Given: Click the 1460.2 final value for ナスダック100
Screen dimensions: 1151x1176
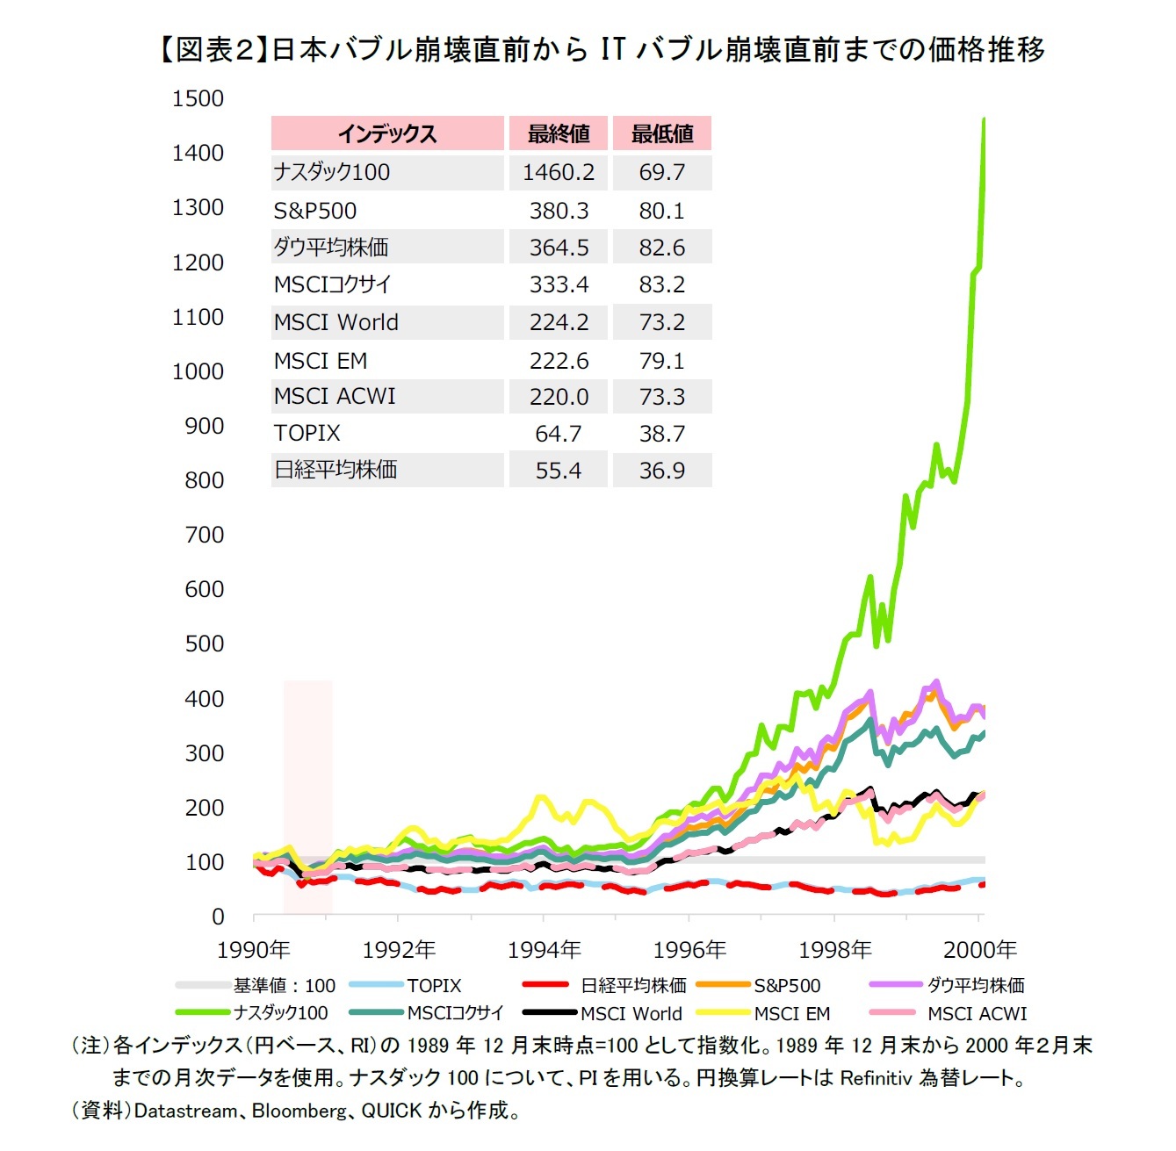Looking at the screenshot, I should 558,172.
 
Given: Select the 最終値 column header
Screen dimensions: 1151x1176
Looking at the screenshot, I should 558,133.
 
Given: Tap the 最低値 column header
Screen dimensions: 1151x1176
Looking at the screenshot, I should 661,133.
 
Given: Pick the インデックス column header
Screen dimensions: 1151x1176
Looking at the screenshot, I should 387,133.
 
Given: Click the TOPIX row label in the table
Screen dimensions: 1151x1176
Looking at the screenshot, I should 307,434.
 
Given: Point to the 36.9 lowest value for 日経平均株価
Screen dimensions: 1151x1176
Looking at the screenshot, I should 661,471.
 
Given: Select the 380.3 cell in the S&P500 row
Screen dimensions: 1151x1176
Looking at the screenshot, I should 558,211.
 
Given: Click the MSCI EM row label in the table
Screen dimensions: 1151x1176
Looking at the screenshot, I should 320,361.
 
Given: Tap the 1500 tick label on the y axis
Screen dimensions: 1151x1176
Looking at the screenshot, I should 198,98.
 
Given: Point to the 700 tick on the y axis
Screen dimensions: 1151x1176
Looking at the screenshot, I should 204,535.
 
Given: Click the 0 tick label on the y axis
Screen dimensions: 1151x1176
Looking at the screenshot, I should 218,917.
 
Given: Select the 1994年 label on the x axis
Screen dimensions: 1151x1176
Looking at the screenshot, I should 544,950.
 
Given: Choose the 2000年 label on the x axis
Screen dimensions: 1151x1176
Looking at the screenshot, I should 979,950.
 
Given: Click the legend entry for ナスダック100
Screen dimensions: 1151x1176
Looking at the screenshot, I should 280,1013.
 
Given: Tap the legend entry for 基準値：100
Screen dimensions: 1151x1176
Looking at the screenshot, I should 284,986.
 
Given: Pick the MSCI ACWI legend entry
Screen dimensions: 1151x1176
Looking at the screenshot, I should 977,1014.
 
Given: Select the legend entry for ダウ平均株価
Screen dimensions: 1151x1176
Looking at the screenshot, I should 975,986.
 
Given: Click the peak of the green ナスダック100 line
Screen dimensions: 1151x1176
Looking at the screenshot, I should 984,119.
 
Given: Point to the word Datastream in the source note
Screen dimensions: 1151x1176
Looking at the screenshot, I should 184,1111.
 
